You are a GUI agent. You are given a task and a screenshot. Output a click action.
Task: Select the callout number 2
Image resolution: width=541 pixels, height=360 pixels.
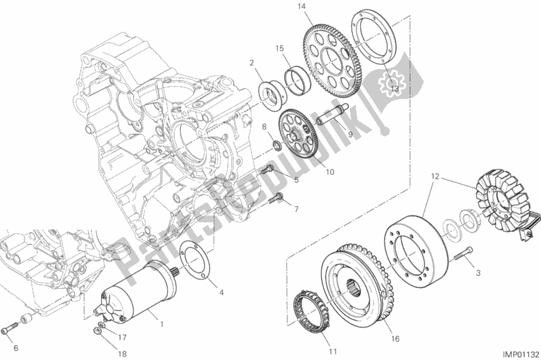click(x=251, y=63)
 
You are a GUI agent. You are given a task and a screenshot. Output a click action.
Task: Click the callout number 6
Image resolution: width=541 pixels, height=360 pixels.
click(x=15, y=348)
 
